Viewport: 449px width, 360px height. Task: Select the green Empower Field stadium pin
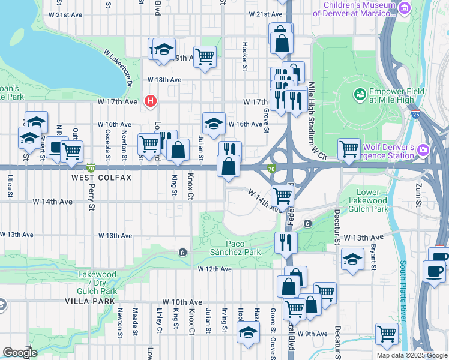pyautogui.click(x=360, y=94)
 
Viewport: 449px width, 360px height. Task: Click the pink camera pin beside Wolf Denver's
pyautogui.click(x=424, y=149)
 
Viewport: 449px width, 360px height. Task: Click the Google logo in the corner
pyautogui.click(x=20, y=352)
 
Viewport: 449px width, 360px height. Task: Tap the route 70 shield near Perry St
pyautogui.click(x=91, y=167)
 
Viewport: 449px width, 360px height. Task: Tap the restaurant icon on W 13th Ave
pyautogui.click(x=286, y=242)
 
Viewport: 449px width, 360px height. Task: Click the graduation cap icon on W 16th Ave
pyautogui.click(x=214, y=122)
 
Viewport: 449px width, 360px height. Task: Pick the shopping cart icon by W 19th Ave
pyautogui.click(x=205, y=56)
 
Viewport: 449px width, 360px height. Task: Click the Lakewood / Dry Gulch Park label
pyautogui.click(x=97, y=283)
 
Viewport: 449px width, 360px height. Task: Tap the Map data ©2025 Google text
pyautogui.click(x=411, y=355)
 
